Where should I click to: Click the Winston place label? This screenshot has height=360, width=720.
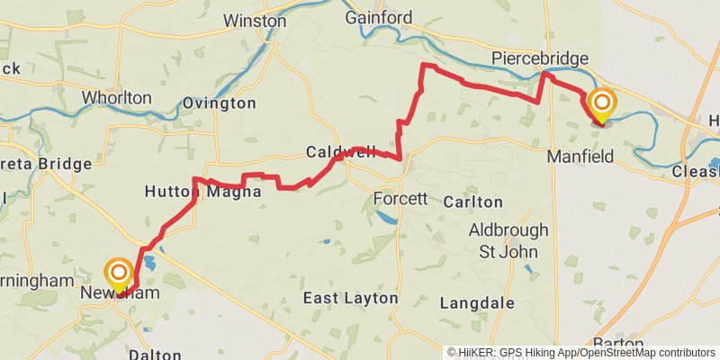tap(255, 21)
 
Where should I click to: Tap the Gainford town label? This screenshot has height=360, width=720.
tap(379, 18)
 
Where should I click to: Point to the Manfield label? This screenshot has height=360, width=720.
tap(580, 157)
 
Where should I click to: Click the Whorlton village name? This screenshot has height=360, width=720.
tap(116, 97)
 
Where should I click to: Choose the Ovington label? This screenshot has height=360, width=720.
tap(219, 103)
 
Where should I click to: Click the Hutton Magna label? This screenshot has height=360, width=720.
tap(202, 192)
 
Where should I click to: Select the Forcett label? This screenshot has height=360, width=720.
tap(400, 198)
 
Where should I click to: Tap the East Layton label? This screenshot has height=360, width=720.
tap(350, 298)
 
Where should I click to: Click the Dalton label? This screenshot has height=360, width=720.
tap(155, 355)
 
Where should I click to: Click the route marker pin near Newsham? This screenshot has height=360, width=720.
tap(119, 274)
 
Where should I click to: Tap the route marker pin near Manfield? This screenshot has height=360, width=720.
tap(601, 103)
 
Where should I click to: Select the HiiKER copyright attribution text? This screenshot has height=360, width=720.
tap(581, 353)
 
